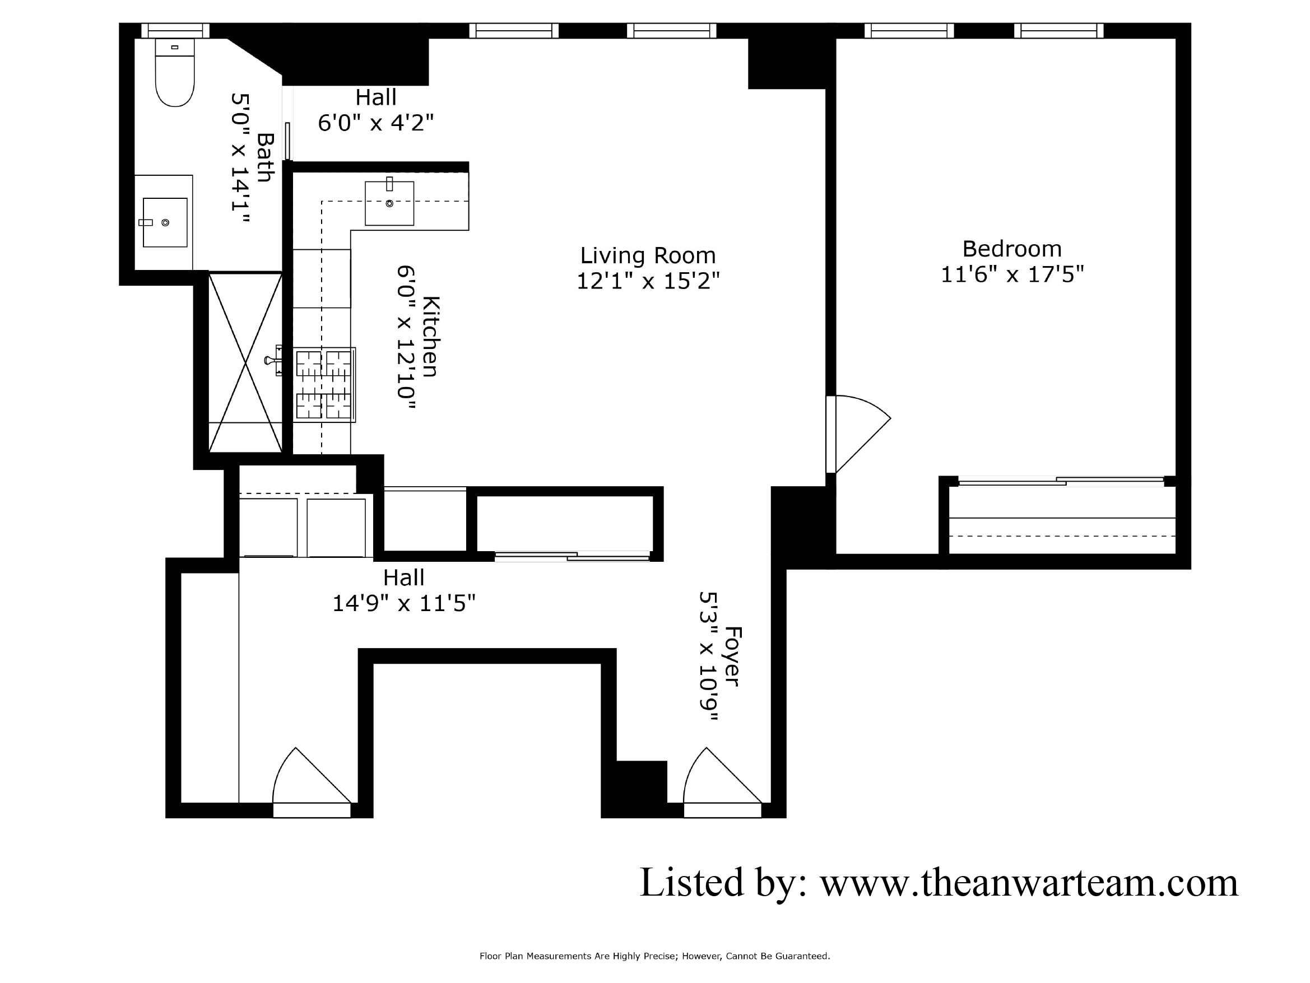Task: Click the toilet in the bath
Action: pyautogui.click(x=175, y=74)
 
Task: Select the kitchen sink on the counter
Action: pyautogui.click(x=389, y=204)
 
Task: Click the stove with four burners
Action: pyautogui.click(x=323, y=385)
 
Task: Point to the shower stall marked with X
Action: pyautogui.click(x=245, y=362)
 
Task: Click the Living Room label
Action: pyautogui.click(x=648, y=256)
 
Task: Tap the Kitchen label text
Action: pyautogui.click(x=430, y=337)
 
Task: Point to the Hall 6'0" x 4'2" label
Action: pyautogui.click(x=376, y=110)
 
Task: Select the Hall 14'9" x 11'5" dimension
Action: pyautogui.click(x=404, y=603)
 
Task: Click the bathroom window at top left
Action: pyautogui.click(x=175, y=30)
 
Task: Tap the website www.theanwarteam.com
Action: pyautogui.click(x=1028, y=883)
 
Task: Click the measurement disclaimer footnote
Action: pyautogui.click(x=654, y=956)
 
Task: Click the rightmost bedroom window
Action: pyautogui.click(x=1058, y=30)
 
